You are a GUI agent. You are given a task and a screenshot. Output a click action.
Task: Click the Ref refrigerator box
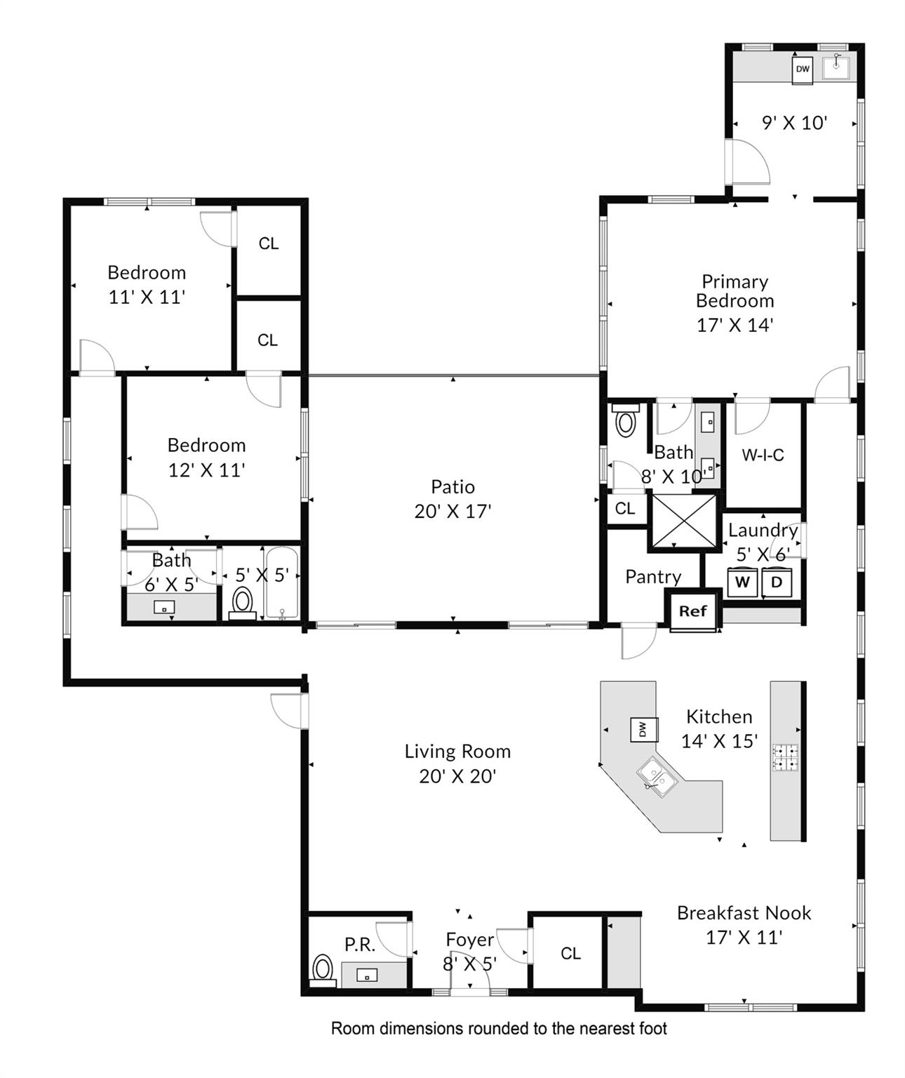click(x=692, y=611)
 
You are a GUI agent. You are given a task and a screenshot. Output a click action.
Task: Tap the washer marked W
click(x=742, y=582)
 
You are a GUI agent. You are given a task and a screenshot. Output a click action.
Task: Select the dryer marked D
click(x=777, y=582)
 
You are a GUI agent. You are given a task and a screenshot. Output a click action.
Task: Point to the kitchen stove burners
click(x=786, y=758)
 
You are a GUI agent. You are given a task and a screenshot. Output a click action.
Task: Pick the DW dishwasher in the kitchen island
click(x=643, y=730)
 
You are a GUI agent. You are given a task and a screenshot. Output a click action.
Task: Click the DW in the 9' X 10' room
click(x=803, y=69)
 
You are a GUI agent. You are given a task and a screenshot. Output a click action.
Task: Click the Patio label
click(x=453, y=486)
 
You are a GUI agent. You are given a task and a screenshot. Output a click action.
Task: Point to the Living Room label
click(x=457, y=752)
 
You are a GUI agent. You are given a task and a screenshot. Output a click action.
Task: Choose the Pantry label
click(x=653, y=577)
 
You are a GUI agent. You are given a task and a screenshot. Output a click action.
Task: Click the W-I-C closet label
click(x=763, y=455)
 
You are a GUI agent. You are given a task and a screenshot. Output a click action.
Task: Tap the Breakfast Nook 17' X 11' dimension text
click(x=744, y=938)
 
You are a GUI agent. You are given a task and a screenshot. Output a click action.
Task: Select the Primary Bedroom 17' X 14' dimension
click(x=735, y=325)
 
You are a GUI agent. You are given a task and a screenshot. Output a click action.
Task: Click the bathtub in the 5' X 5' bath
click(x=282, y=583)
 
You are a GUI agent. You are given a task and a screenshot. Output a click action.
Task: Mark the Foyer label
click(x=470, y=940)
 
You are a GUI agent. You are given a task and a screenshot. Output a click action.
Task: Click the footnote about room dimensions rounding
click(x=499, y=1029)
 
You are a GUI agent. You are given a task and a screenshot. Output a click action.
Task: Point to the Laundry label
click(x=763, y=531)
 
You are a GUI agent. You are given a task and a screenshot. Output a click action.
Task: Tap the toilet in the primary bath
click(x=624, y=422)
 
